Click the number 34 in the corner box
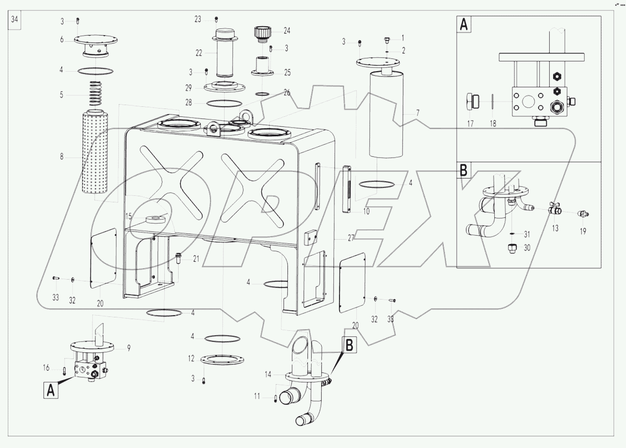tap(15, 20)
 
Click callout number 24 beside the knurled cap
tap(287, 31)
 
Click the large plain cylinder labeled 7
tap(386, 115)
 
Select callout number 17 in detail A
tap(470, 124)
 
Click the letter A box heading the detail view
tap(463, 25)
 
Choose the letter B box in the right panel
tap(463, 170)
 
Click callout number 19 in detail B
tap(583, 231)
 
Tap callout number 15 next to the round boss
tap(128, 216)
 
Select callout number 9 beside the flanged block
tap(129, 347)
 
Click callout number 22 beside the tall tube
tap(199, 53)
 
